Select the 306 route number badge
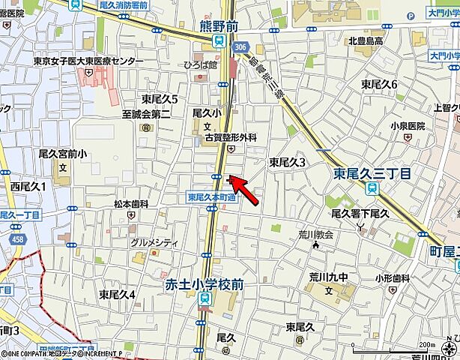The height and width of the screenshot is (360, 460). pyautogui.click(x=240, y=46)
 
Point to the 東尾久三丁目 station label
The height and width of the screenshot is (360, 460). pyautogui.click(x=372, y=174)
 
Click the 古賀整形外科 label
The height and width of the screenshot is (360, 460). pyautogui.click(x=231, y=138)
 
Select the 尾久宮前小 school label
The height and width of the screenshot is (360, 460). pyautogui.click(x=63, y=154)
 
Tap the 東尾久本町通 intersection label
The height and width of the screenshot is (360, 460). pyautogui.click(x=211, y=197)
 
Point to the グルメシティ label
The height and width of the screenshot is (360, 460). pyautogui.click(x=154, y=242)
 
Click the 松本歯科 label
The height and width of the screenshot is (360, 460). pyautogui.click(x=131, y=204)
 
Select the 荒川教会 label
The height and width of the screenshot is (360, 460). pyautogui.click(x=315, y=235)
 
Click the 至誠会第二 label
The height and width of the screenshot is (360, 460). pyautogui.click(x=146, y=114)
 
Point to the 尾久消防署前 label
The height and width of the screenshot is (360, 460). pyautogui.click(x=123, y=5)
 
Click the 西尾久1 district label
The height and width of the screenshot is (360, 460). pyautogui.click(x=28, y=186)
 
